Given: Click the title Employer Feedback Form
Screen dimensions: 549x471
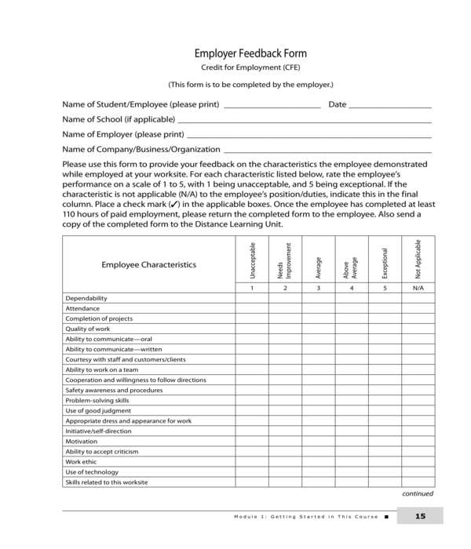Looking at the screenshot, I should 250,54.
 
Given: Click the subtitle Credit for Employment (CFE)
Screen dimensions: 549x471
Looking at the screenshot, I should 250,69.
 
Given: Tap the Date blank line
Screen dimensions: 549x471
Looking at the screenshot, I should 390,104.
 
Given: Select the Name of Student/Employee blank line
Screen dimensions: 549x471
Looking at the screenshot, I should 272,104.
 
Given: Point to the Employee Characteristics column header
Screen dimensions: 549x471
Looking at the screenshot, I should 148,265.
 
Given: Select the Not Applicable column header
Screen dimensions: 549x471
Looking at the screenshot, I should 418,260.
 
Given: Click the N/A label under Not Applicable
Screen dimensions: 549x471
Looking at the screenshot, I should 418,288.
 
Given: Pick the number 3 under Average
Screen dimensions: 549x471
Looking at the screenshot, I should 318,288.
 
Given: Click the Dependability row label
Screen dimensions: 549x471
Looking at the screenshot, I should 86,299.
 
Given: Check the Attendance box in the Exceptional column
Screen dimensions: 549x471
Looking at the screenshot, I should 385,309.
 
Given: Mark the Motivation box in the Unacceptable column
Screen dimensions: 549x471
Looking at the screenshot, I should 252,442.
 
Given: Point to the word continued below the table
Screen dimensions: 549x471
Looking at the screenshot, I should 418,494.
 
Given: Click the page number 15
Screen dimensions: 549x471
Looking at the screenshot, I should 420,516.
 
